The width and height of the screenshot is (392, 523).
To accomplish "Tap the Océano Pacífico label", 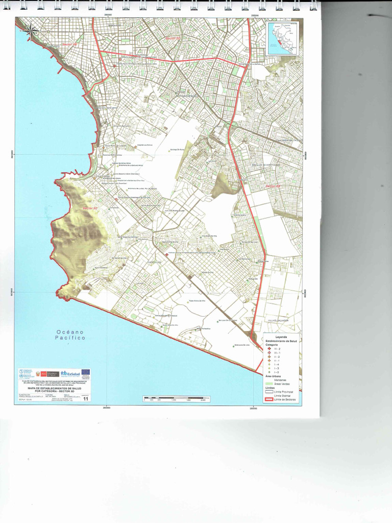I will click(70, 335).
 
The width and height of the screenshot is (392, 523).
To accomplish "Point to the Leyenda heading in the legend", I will click(281, 338).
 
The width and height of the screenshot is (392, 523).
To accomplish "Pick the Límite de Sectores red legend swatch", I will click(269, 398).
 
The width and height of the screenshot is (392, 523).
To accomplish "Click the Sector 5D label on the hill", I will click(89, 208).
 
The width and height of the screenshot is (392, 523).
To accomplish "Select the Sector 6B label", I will click(274, 186).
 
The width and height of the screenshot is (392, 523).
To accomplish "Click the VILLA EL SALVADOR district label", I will click(278, 320).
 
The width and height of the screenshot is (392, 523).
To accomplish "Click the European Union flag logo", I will click(85, 373).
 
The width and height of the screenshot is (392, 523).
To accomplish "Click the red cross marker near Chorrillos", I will click(166, 254).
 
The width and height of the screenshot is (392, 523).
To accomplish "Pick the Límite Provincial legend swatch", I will click(269, 391).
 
